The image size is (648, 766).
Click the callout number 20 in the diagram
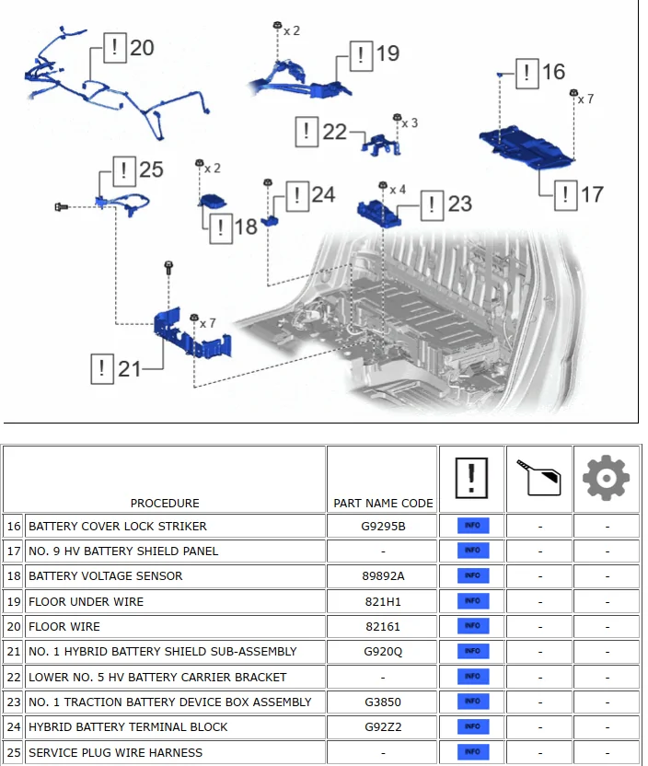click(142, 47)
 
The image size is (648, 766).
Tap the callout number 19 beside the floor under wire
click(387, 53)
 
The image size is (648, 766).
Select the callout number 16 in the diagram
click(552, 72)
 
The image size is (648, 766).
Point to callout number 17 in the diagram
click(591, 194)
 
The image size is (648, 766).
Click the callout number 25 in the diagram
click(151, 169)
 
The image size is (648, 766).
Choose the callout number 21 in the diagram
click(129, 369)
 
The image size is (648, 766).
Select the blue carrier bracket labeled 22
click(379, 143)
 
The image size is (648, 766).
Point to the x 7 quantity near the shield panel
click(585, 99)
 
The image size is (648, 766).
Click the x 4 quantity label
click(398, 190)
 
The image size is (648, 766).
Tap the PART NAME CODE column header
click(382, 503)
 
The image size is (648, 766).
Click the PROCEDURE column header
click(165, 503)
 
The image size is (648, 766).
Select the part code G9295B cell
click(382, 527)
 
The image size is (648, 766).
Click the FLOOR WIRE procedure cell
click(175, 626)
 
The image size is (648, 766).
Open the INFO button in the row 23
click(472, 702)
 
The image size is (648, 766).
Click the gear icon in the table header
click(606, 479)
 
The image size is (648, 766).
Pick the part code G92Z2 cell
click(382, 726)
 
